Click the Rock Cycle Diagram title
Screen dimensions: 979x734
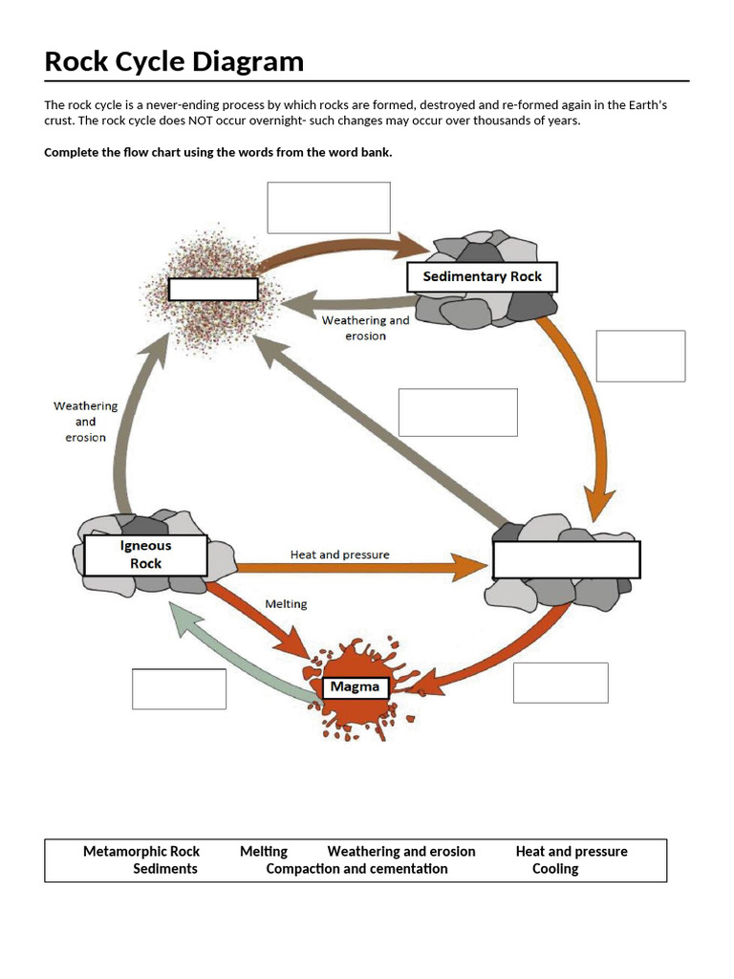tap(174, 62)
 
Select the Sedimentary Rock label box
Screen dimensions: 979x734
tap(482, 277)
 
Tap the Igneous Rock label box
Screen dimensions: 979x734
tap(145, 555)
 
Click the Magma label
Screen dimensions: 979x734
tap(355, 686)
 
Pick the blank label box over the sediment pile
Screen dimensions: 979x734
tap(213, 289)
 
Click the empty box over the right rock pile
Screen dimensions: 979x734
tap(566, 559)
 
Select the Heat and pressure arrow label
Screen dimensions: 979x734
tap(339, 555)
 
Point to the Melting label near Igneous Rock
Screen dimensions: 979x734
tap(286, 604)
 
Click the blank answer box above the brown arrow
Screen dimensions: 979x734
tap(328, 207)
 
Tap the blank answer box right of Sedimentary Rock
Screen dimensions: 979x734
tap(640, 356)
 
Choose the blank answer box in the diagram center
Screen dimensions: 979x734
tap(458, 412)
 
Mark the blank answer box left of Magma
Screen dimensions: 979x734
tap(179, 688)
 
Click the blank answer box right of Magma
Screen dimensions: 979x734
tap(560, 683)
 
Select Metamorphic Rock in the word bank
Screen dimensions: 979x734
tap(141, 851)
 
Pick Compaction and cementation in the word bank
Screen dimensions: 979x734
tap(356, 868)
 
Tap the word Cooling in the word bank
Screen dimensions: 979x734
tap(555, 868)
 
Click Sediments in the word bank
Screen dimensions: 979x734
tap(165, 868)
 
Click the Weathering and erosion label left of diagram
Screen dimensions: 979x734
tap(85, 421)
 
